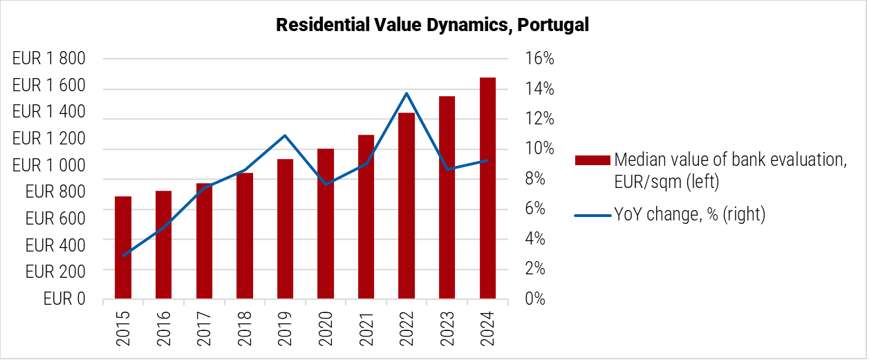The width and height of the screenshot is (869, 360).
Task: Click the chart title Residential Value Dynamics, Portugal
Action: [x=433, y=26]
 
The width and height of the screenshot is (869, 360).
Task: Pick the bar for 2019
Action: [x=285, y=229]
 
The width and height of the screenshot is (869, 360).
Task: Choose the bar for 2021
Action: [x=366, y=217]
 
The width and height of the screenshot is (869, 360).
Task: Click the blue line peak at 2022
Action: [x=407, y=93]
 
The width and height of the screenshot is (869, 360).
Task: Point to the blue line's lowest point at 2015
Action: [x=123, y=256]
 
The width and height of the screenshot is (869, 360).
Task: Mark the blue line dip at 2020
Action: [x=326, y=184]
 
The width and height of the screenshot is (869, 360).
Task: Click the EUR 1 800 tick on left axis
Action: [x=49, y=59]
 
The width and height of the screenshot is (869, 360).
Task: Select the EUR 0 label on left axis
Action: [x=64, y=299]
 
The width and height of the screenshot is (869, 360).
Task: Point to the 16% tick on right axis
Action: [x=539, y=59]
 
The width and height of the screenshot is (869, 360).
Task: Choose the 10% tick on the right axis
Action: [x=539, y=149]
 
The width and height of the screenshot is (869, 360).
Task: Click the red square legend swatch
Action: [x=593, y=160]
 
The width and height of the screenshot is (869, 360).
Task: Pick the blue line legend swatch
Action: [x=593, y=215]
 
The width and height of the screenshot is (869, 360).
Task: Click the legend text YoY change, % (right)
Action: [x=690, y=215]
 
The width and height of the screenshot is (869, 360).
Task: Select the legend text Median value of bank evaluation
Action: [x=730, y=160]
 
